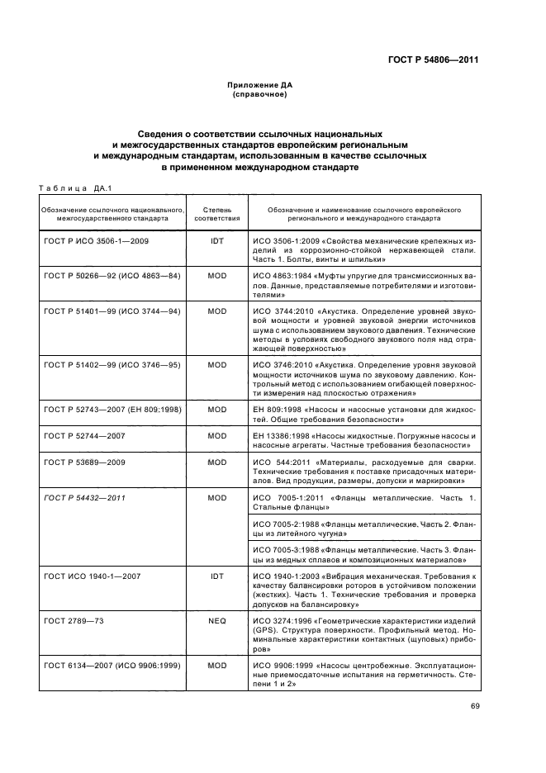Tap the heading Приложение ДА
click(259, 86)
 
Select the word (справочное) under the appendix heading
click(259, 95)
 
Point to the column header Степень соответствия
click(217, 215)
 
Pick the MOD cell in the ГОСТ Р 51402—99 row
click(217, 364)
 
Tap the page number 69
click(475, 706)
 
